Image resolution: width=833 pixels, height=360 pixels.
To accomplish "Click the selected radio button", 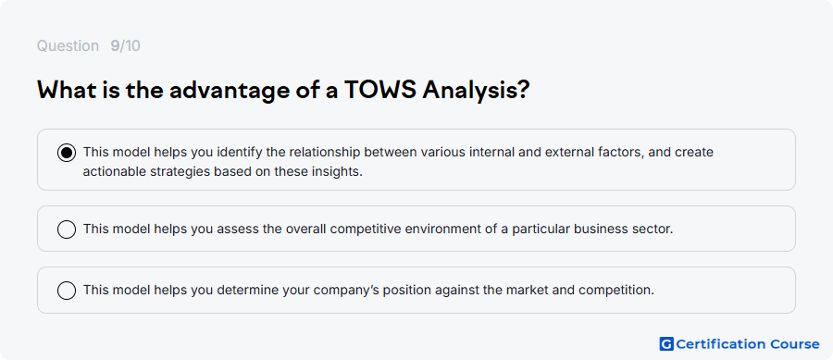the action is click(x=67, y=153).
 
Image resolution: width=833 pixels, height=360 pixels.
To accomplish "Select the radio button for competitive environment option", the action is click(x=67, y=230).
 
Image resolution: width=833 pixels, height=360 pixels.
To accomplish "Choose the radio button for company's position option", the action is click(x=67, y=291).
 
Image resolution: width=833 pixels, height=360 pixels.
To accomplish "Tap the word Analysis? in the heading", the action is click(x=476, y=92).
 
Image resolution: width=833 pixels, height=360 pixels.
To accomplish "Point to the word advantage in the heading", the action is click(x=227, y=92).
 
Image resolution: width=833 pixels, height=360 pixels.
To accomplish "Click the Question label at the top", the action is click(x=68, y=46).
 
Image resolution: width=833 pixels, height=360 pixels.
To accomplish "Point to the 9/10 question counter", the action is click(x=125, y=46).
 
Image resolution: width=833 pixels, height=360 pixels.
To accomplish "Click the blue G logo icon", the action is click(x=666, y=344).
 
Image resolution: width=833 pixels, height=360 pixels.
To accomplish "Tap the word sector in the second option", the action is click(x=655, y=230).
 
